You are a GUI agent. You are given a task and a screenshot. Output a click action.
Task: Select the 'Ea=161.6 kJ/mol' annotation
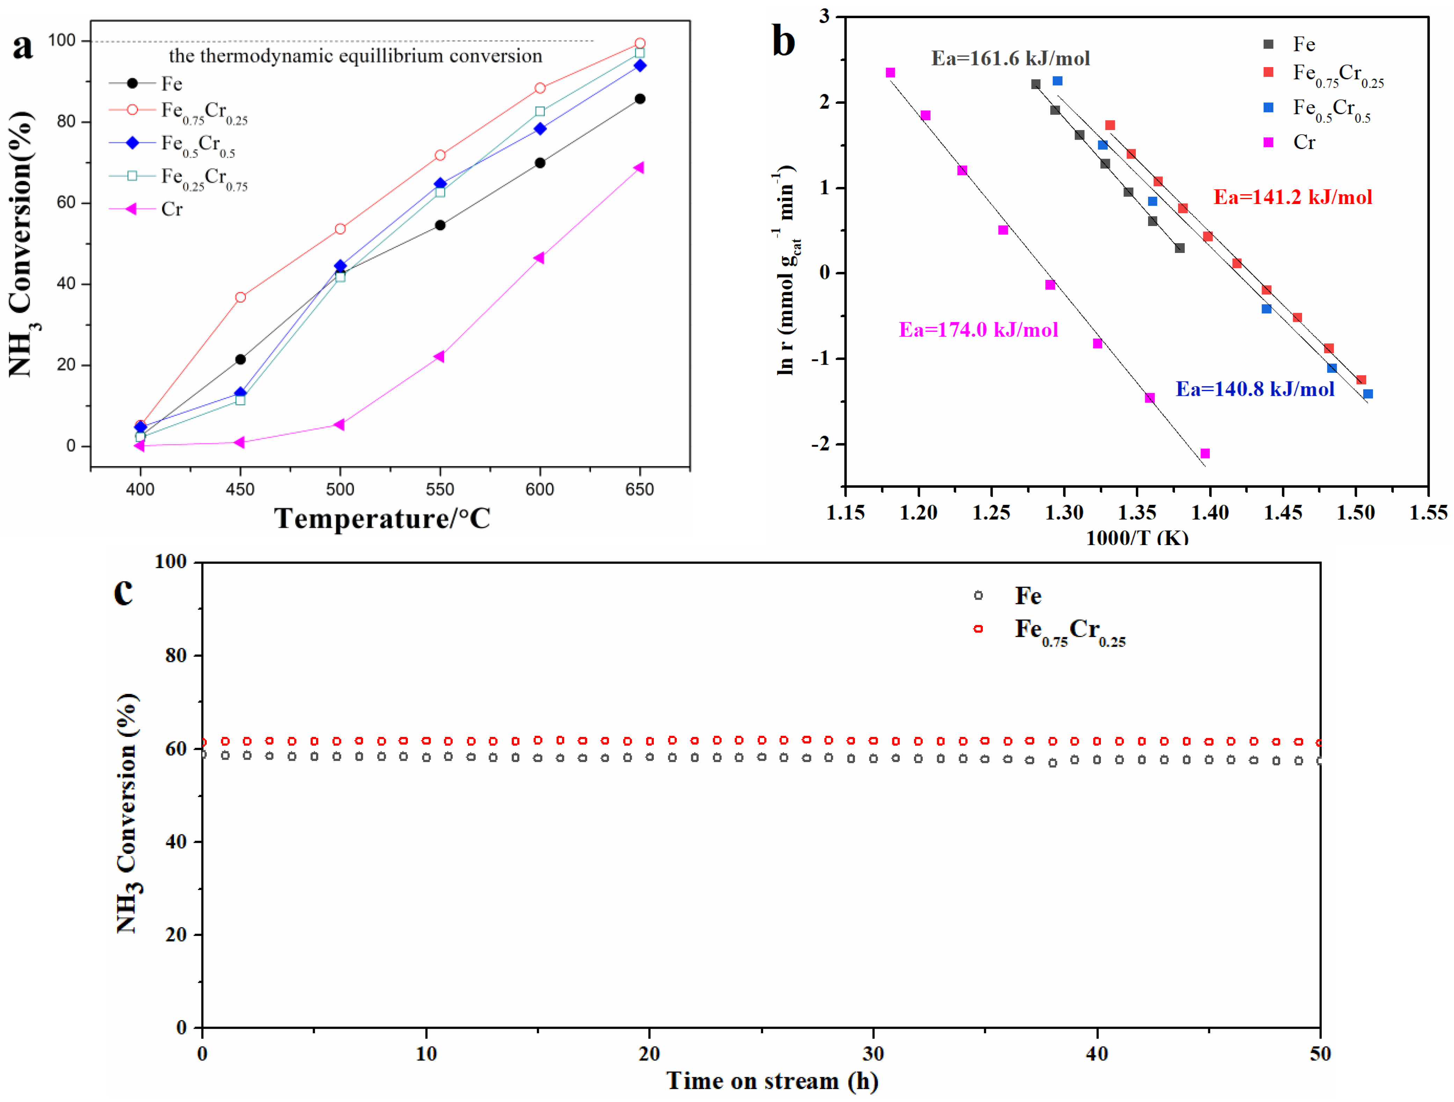[1010, 58]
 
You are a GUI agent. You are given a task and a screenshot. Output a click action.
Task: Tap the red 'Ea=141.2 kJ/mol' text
[1292, 197]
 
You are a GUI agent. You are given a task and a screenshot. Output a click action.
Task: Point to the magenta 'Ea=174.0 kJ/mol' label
[978, 329]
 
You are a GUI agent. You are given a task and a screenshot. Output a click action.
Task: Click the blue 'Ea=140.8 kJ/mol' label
[1255, 389]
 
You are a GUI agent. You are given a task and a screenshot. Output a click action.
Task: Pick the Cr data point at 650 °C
[639, 168]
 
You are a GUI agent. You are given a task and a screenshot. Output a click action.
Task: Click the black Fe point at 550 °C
[440, 225]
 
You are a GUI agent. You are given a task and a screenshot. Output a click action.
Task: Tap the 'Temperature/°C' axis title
[382, 519]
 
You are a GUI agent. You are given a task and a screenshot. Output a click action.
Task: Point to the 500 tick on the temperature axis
[340, 489]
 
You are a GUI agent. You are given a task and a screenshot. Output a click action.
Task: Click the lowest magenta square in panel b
[1205, 454]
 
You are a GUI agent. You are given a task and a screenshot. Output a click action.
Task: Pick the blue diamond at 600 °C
[540, 129]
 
